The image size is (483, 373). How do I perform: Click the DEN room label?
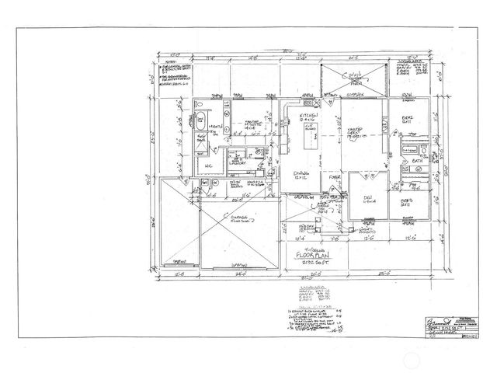point(367,198)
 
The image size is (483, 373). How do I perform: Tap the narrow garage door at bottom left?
point(181,262)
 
